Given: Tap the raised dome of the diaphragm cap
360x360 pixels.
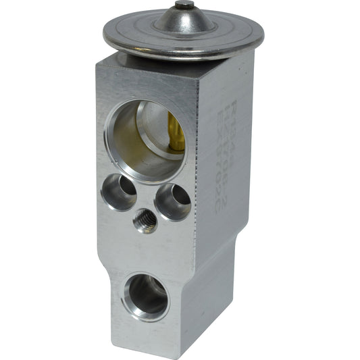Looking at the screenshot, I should (x=184, y=20).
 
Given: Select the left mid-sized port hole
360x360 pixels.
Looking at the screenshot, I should (x=120, y=191).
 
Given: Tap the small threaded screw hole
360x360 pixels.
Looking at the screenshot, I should (x=145, y=220).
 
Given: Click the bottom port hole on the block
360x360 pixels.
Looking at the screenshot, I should (x=145, y=295).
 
